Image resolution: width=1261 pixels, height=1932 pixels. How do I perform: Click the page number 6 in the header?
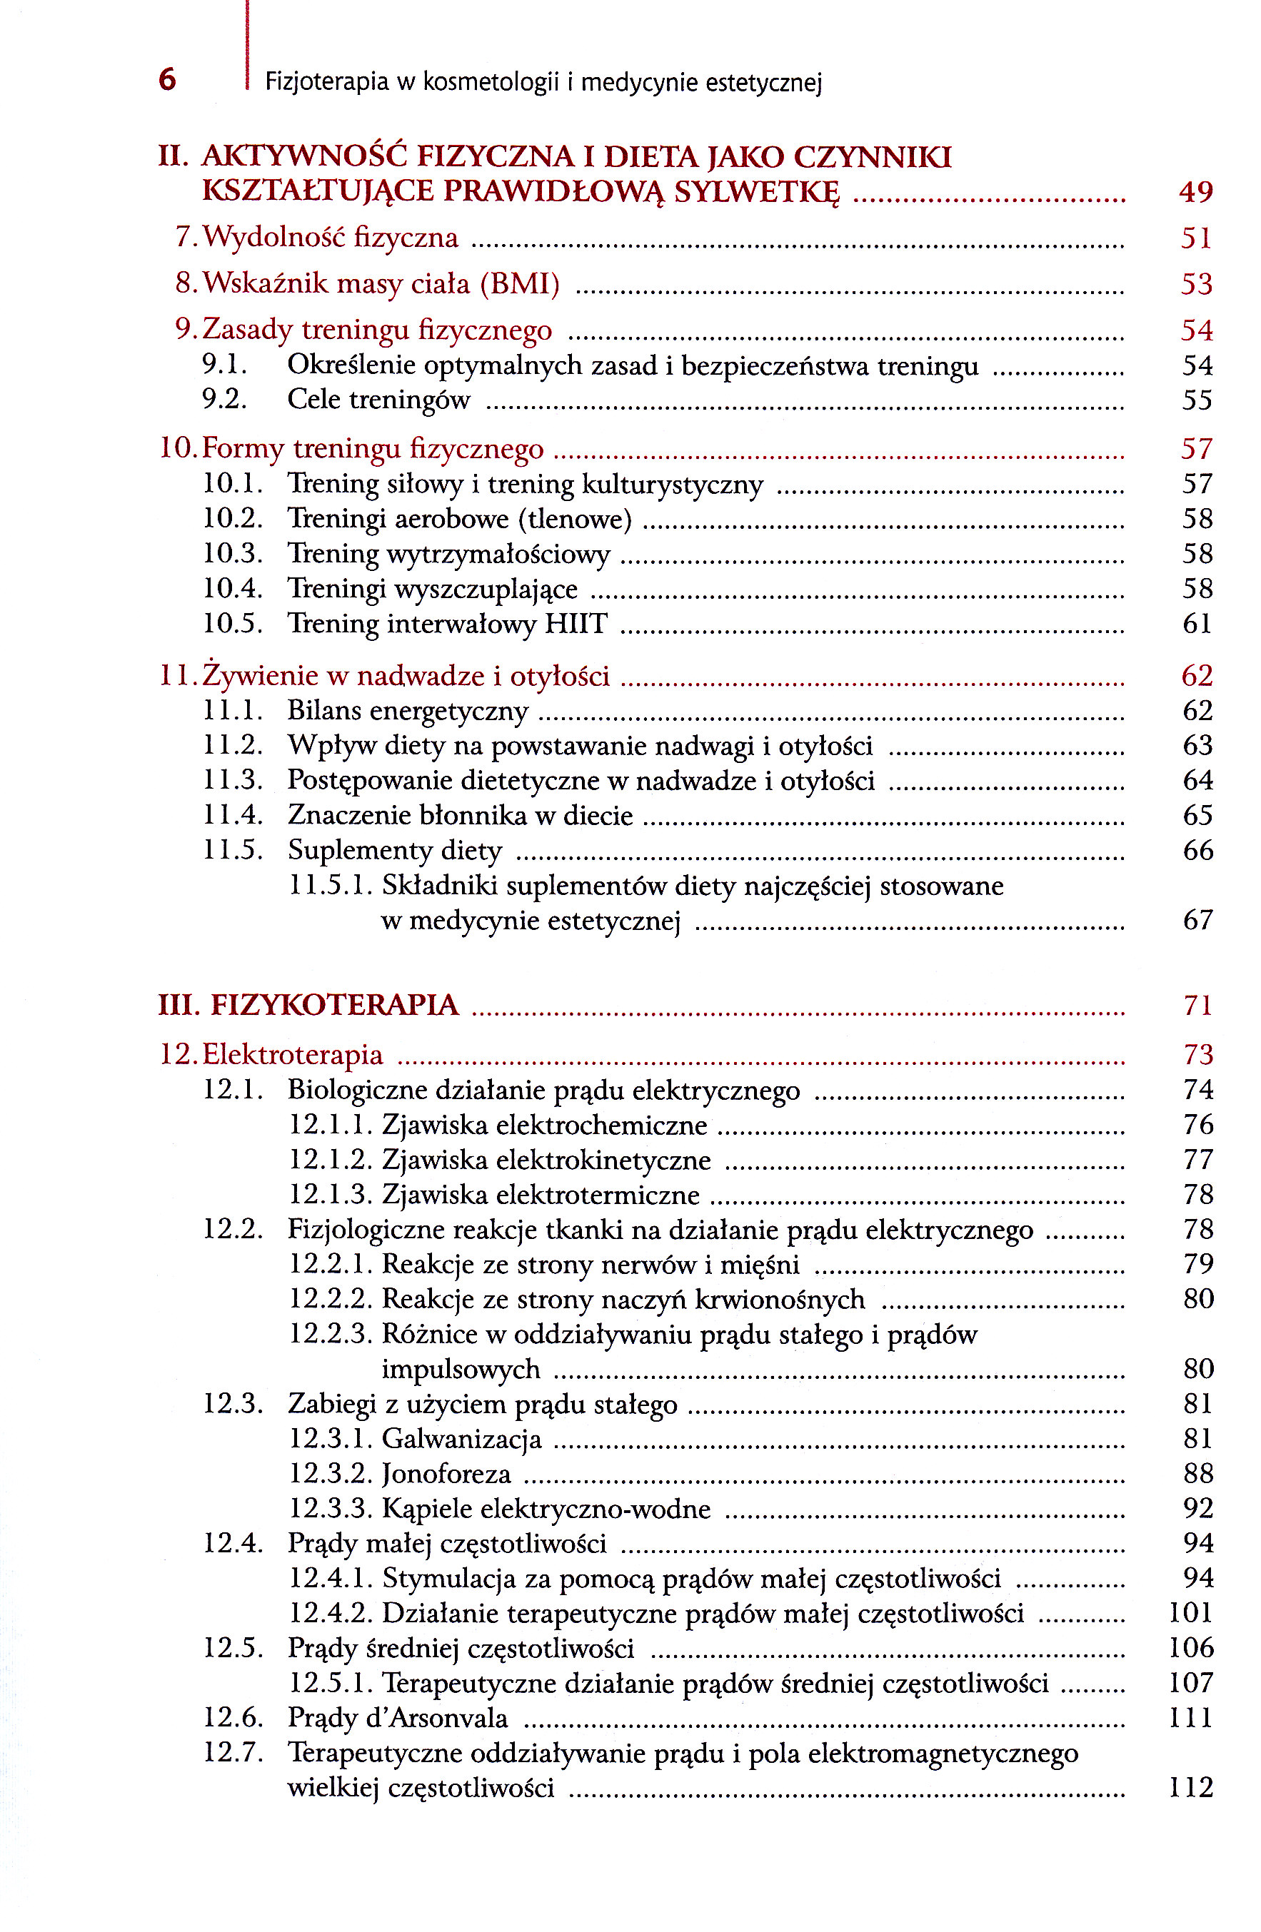click(167, 79)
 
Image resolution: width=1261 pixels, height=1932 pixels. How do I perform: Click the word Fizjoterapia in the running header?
click(326, 82)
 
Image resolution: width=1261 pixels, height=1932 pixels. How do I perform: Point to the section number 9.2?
click(224, 400)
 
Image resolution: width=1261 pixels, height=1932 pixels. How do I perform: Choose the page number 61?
click(1197, 624)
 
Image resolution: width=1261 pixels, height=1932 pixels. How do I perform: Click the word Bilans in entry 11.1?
click(324, 710)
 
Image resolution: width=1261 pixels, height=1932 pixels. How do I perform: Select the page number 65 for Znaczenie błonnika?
click(1197, 815)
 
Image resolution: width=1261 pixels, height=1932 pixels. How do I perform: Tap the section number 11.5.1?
click(331, 886)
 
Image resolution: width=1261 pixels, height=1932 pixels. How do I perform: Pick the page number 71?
click(1197, 1005)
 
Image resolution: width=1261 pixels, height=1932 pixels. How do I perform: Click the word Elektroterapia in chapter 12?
click(292, 1054)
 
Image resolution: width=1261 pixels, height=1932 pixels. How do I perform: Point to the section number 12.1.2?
click(331, 1160)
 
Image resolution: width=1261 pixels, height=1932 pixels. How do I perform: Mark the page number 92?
click(1197, 1508)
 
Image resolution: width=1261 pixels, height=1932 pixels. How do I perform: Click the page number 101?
click(1190, 1613)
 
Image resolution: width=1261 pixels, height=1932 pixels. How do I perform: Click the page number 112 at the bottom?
click(1190, 1788)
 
